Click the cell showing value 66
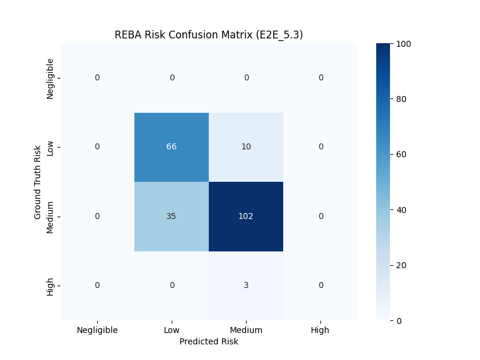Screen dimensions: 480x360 point(172,147)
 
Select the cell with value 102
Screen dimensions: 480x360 point(246,217)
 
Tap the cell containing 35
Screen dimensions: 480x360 point(172,217)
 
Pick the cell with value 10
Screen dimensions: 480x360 point(246,147)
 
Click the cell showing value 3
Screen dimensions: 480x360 point(246,286)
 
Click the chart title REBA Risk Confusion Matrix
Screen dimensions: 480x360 point(209,35)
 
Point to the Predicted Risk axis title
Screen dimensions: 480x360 point(209,341)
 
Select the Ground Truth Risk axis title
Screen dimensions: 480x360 point(37,182)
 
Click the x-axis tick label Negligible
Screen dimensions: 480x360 point(97,331)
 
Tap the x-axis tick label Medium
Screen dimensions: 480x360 point(246,330)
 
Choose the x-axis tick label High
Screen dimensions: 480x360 point(320,331)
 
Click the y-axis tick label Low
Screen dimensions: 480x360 point(50,148)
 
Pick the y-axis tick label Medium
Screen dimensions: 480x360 point(50,217)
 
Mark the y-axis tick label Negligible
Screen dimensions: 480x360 point(50,79)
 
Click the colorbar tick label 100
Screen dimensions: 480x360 point(403,44)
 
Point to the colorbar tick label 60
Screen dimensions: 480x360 point(401,154)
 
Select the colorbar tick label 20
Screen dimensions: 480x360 point(401,265)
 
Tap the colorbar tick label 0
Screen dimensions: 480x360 point(399,321)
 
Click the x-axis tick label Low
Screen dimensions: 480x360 point(172,330)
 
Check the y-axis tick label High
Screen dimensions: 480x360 point(50,287)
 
